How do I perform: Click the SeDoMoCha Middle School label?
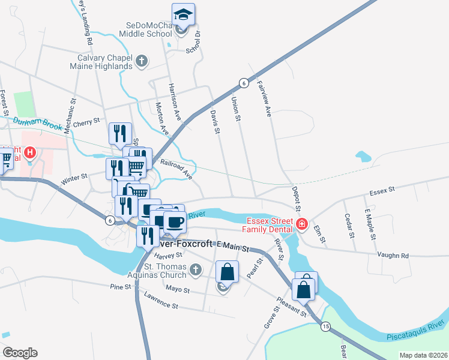click(x=149, y=30)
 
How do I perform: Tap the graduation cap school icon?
click(x=183, y=14)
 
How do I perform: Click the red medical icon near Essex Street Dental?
click(x=301, y=226)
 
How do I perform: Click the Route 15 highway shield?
click(x=325, y=326)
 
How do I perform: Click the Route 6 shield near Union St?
click(x=243, y=83)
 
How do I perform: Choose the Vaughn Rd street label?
click(x=393, y=254)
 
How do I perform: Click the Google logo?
click(x=19, y=353)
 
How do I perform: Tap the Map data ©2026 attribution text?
click(x=423, y=355)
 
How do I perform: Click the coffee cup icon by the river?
click(x=175, y=223)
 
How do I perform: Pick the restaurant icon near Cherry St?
click(x=120, y=134)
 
